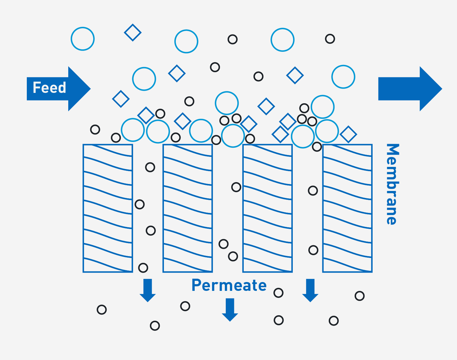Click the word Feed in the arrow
pos(49,88)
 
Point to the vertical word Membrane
pos(392,184)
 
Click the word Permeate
pos(229,285)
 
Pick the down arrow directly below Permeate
pos(230,309)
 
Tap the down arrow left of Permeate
pos(148,290)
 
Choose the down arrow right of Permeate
pos(310,290)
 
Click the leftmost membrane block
pos(108,208)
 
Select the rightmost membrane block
pos(347,208)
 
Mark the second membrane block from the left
pos(188,208)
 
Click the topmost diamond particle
pos(133,33)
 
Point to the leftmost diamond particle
pos(121,99)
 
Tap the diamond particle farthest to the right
pos(349,134)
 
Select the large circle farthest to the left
pos(83,39)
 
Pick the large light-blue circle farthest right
pos(343,77)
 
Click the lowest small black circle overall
pos(155,326)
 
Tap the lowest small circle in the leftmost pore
pos(143,268)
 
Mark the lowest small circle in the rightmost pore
pos(313,250)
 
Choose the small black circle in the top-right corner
pos(330,39)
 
